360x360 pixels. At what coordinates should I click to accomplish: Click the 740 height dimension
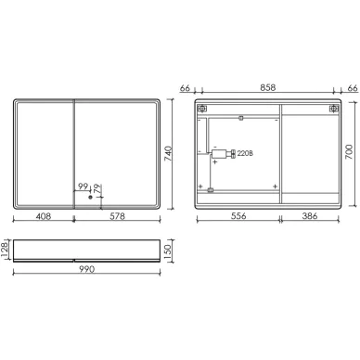[x=168, y=153]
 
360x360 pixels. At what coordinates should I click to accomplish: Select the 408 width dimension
[x=44, y=216]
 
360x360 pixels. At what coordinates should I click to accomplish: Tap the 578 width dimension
[x=118, y=216]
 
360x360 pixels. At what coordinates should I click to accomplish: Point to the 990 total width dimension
[x=86, y=269]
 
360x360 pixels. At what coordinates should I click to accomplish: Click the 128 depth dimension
[x=6, y=251]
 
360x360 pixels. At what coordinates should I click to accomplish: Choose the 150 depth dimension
[x=167, y=251]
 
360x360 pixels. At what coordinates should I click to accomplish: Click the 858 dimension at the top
[x=267, y=88]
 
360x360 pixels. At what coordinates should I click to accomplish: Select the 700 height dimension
[x=349, y=152]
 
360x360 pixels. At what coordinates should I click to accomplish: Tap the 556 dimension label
[x=238, y=216]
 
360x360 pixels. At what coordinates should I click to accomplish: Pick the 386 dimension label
[x=310, y=216]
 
